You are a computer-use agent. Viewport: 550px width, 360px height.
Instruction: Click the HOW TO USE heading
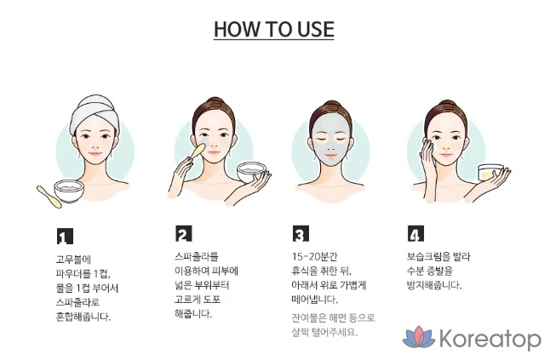pyautogui.click(x=273, y=29)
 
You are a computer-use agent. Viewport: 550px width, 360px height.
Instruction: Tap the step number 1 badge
pyautogui.click(x=65, y=236)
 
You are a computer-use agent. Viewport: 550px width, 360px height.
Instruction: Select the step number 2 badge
pyautogui.click(x=183, y=233)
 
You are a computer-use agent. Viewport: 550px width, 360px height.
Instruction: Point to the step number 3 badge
pyautogui.click(x=301, y=233)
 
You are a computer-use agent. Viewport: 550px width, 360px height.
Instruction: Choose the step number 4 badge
pyautogui.click(x=415, y=233)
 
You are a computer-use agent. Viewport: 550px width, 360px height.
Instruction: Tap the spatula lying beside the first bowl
pyautogui.click(x=49, y=197)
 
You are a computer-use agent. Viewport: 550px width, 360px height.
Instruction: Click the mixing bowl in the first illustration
pyautogui.click(x=69, y=191)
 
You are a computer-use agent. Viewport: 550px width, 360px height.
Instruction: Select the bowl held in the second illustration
pyautogui.click(x=251, y=172)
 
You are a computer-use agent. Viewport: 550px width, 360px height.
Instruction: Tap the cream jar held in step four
pyautogui.click(x=490, y=173)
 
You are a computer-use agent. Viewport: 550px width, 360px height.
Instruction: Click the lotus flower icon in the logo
pyautogui.click(x=419, y=337)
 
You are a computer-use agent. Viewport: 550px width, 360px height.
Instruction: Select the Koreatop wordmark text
pyautogui.click(x=490, y=339)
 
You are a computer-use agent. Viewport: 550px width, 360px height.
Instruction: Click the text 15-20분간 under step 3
pyautogui.click(x=314, y=256)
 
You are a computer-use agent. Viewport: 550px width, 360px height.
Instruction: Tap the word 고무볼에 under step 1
pyautogui.click(x=73, y=260)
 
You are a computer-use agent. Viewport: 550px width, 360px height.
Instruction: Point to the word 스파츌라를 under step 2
pyautogui.click(x=197, y=256)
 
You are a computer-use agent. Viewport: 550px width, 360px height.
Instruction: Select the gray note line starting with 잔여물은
pyautogui.click(x=333, y=318)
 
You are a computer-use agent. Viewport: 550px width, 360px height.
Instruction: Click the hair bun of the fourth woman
pyautogui.click(x=446, y=105)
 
